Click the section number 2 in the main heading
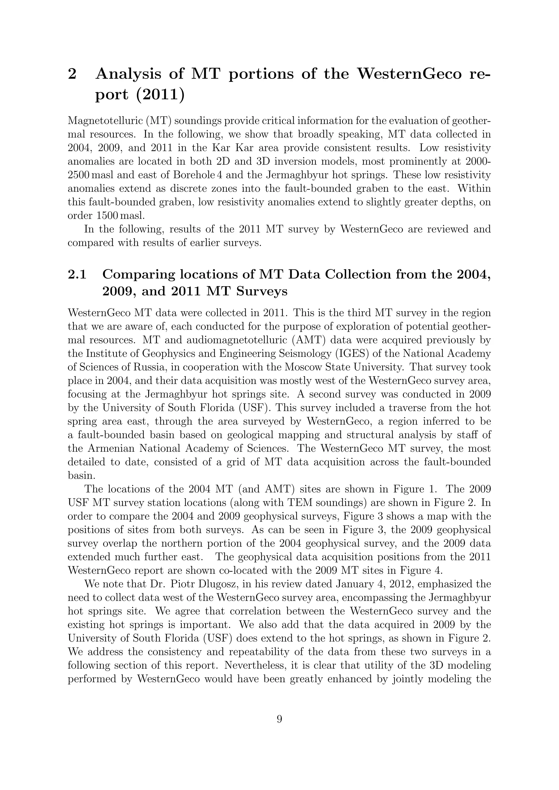[x=72, y=74]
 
